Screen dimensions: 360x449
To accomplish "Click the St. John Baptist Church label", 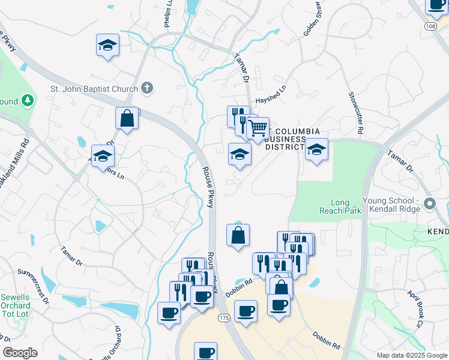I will [x=94, y=89].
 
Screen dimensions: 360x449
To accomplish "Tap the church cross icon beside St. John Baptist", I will [x=147, y=89].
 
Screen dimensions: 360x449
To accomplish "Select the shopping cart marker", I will [x=258, y=128].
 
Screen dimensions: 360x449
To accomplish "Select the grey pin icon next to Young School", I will [x=429, y=205].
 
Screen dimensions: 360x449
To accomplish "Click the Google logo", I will [x=20, y=353].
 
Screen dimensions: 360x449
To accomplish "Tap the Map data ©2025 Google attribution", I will [x=411, y=355].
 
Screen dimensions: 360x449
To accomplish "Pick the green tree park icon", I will [x=27, y=101].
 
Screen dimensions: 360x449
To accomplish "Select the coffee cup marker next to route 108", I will [x=437, y=5].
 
